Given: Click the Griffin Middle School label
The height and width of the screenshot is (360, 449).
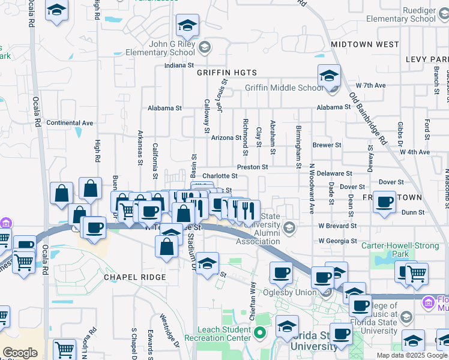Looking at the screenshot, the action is pyautogui.click(x=283, y=88).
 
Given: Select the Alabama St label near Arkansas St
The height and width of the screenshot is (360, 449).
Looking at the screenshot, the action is pyautogui.click(x=165, y=109).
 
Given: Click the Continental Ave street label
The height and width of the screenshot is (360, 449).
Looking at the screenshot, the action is pyautogui.click(x=70, y=123).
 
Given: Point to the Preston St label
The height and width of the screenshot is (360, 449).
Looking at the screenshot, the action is pyautogui.click(x=252, y=167).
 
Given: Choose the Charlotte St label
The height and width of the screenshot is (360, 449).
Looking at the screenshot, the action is pyautogui.click(x=220, y=176).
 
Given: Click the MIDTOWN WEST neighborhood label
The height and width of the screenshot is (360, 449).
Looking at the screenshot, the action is pyautogui.click(x=364, y=44).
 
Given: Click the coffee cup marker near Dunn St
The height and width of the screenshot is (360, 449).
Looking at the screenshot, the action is pyautogui.click(x=384, y=202).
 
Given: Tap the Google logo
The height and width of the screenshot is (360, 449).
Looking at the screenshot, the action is pyautogui.click(x=20, y=353).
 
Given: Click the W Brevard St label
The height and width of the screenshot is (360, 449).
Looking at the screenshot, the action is pyautogui.click(x=337, y=226).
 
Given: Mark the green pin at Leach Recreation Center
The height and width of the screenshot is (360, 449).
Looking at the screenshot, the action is pyautogui.click(x=260, y=332).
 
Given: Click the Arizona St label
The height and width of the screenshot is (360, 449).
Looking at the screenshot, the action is pyautogui.click(x=226, y=138).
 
